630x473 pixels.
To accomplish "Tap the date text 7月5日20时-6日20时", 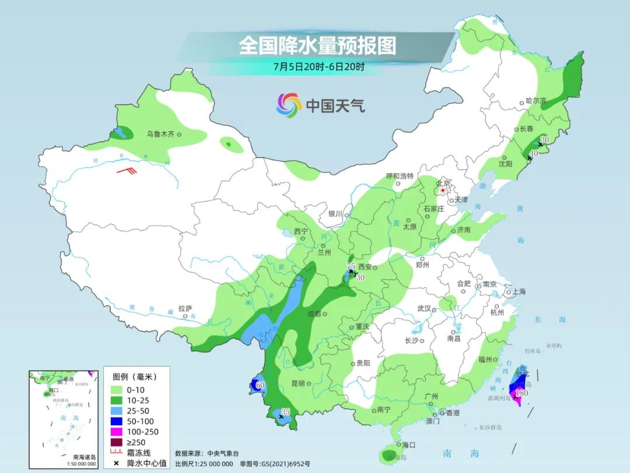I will (x=318, y=67).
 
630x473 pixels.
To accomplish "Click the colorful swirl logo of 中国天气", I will (x=289, y=105).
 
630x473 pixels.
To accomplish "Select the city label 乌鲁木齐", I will (x=160, y=134).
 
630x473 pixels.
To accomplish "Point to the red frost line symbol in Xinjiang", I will (x=127, y=171).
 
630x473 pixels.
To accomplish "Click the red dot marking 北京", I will (x=443, y=190).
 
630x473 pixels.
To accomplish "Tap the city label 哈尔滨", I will (x=535, y=101).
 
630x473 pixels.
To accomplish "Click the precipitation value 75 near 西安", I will (x=351, y=266).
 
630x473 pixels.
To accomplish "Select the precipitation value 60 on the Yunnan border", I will (x=260, y=385).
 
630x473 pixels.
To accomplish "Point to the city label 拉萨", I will (x=185, y=308).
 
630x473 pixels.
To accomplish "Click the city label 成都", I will (x=314, y=314).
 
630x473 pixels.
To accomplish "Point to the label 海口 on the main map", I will (x=408, y=445).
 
